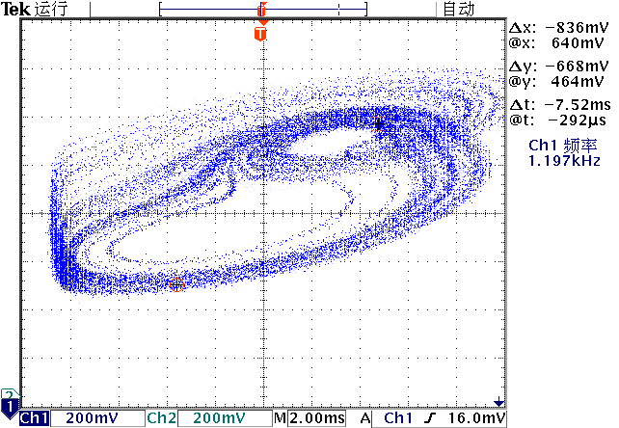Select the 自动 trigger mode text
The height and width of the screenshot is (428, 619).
pyautogui.click(x=459, y=9)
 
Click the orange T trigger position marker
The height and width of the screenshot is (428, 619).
pyautogui.click(x=259, y=34)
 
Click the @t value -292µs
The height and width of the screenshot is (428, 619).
pyautogui.click(x=568, y=120)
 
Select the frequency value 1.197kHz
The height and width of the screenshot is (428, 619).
pyautogui.click(x=564, y=160)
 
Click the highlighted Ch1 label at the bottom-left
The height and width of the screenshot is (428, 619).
pyautogui.click(x=35, y=418)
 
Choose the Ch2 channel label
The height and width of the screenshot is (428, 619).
pyautogui.click(x=161, y=418)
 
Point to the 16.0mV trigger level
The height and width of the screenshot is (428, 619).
pyautogui.click(x=479, y=418)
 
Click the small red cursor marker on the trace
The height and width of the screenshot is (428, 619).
pyautogui.click(x=176, y=284)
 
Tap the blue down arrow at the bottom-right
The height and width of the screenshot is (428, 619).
pyautogui.click(x=498, y=402)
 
